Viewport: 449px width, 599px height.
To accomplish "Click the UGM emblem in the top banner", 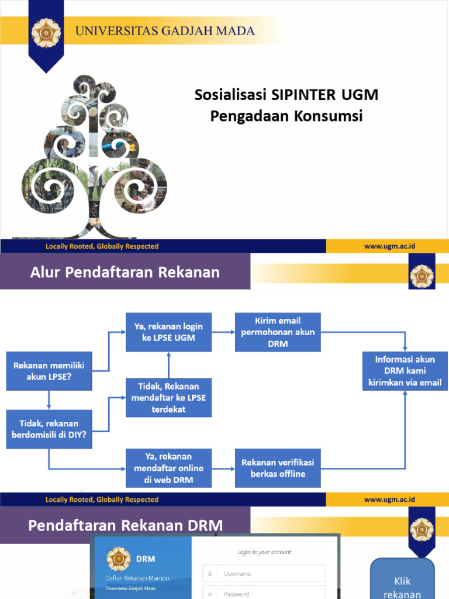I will click(x=46, y=33).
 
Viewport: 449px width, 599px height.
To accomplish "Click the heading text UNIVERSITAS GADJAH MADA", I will click(x=165, y=31).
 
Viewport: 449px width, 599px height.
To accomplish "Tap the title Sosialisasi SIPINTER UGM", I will click(x=286, y=95).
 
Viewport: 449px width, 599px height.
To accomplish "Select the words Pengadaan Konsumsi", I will click(x=286, y=116).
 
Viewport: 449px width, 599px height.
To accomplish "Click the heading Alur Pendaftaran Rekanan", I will click(x=125, y=272).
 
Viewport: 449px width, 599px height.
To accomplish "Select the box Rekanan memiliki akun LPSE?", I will click(x=49, y=371).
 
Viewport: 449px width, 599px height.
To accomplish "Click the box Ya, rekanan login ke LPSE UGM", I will click(x=168, y=332).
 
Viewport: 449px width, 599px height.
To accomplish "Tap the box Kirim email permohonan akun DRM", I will click(x=278, y=332).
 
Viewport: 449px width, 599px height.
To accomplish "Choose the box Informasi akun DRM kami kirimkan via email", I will click(x=405, y=371).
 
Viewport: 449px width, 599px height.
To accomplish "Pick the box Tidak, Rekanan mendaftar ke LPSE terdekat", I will click(x=168, y=398).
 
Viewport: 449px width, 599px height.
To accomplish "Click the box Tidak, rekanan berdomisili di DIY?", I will click(x=49, y=429).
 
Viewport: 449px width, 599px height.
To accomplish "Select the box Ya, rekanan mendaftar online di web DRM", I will click(x=168, y=468).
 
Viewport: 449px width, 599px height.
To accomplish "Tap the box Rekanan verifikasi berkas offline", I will click(x=278, y=468).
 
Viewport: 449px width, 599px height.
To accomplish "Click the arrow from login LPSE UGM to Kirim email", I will click(x=223, y=332).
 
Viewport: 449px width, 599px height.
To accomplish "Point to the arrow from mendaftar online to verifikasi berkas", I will click(x=223, y=468).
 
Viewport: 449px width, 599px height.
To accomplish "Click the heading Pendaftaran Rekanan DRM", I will click(x=125, y=525).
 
